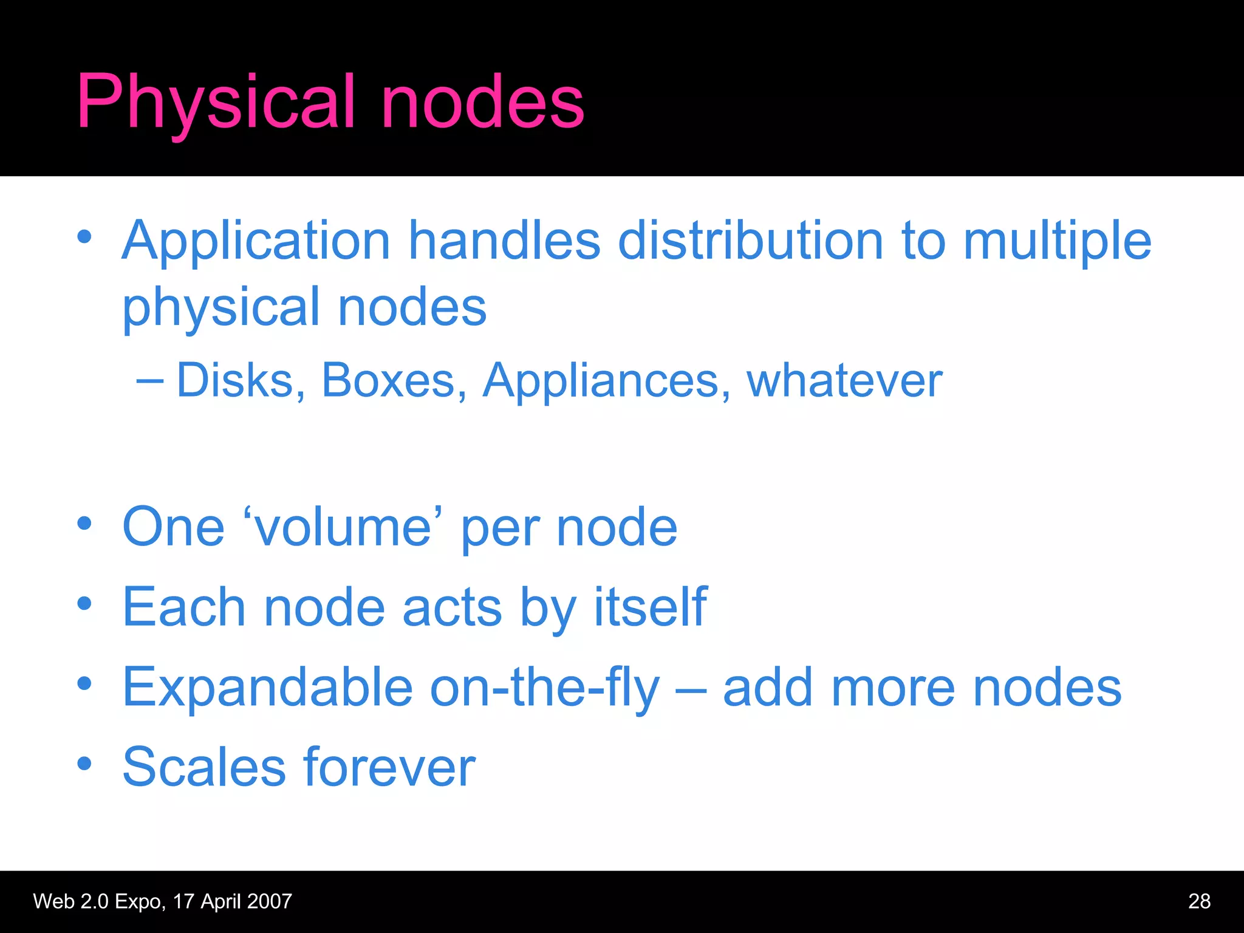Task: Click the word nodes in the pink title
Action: pos(482,102)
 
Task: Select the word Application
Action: pos(256,241)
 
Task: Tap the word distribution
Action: pos(750,241)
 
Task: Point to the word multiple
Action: pos(1057,241)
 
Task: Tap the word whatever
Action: pos(844,381)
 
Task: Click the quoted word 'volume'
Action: pos(343,527)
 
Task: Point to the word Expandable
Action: pos(268,687)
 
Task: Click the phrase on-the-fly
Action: pos(544,687)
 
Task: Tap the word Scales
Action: pos(204,767)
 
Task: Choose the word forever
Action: pos(389,767)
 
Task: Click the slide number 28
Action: pos(1199,901)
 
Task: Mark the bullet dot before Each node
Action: pos(84,603)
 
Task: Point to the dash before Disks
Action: pos(149,381)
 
